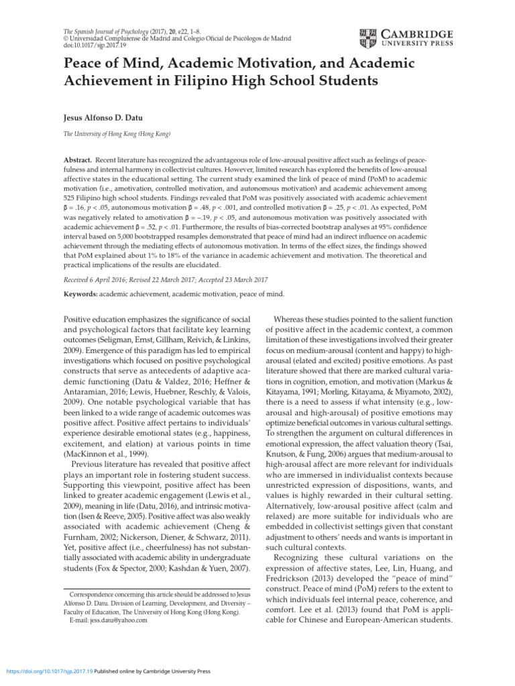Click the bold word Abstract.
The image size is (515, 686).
point(76,162)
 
